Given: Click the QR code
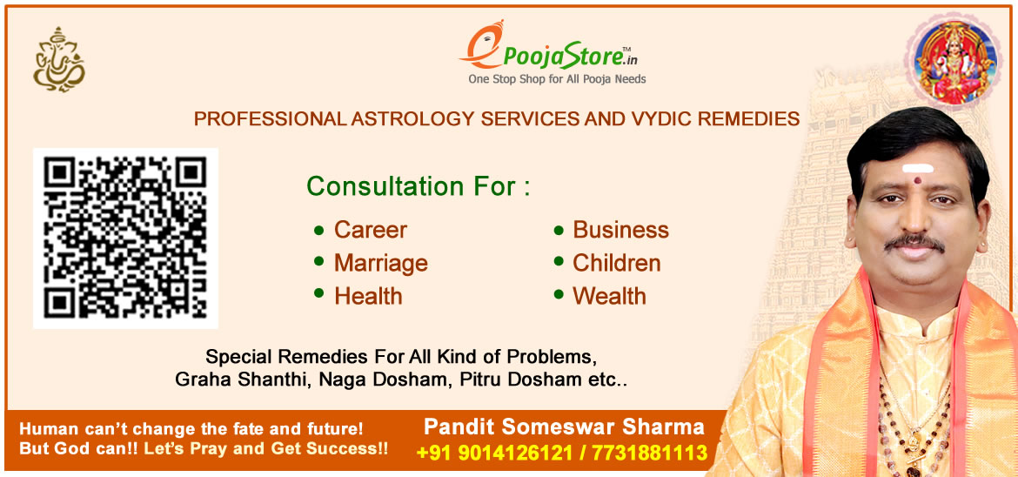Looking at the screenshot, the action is click(125, 238).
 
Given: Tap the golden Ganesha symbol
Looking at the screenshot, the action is click(59, 59).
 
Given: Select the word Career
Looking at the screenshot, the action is click(370, 230).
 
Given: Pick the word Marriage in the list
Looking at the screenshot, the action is click(380, 263).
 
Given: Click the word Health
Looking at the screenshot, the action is click(368, 296).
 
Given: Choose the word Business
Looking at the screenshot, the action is click(620, 230).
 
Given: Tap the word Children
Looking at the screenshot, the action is click(617, 263).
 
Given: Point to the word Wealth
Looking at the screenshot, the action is click(609, 296).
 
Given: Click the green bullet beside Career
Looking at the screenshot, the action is click(318, 230).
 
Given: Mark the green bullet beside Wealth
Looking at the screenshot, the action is click(559, 294).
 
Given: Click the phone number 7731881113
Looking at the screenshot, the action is click(649, 453).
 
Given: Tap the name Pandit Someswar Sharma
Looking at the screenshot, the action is click(564, 427).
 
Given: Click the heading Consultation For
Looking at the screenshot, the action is click(419, 186).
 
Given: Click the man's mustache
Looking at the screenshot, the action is click(914, 242).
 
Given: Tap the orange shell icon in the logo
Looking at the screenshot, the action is click(484, 44).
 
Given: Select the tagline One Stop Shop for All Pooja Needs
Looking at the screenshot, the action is click(557, 79).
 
